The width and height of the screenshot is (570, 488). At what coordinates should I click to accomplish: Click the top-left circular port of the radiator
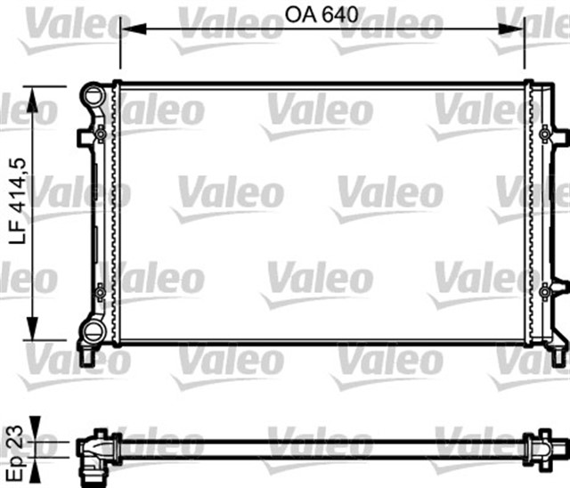coord(94,94)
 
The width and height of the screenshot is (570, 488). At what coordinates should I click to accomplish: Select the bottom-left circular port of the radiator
coord(93,333)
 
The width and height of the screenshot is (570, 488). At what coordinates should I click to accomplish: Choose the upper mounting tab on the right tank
coord(558,135)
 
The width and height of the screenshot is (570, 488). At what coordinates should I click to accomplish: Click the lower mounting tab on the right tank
coord(558,289)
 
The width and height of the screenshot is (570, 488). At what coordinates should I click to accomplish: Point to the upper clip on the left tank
coord(101,134)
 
